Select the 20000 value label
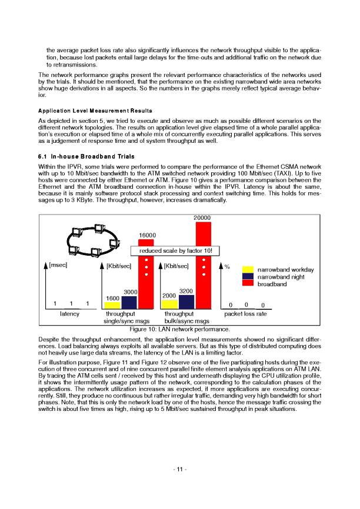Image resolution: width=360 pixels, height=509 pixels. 202,218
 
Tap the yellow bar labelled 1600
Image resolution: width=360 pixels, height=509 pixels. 112,305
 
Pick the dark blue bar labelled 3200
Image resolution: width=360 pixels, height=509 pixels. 186,302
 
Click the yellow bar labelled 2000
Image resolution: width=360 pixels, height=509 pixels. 169,304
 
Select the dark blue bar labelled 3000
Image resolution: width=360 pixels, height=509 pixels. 129,302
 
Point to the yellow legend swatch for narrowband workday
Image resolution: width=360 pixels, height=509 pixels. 248,270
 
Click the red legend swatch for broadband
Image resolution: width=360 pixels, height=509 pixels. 248,283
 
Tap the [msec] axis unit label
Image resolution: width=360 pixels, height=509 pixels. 59,265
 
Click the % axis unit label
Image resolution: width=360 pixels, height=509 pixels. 227,266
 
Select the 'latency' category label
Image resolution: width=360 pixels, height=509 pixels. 70,314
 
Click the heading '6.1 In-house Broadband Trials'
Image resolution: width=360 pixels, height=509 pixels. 86,156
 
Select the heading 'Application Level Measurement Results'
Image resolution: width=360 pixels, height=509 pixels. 95,110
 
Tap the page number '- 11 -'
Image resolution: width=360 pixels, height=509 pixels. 179,468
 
